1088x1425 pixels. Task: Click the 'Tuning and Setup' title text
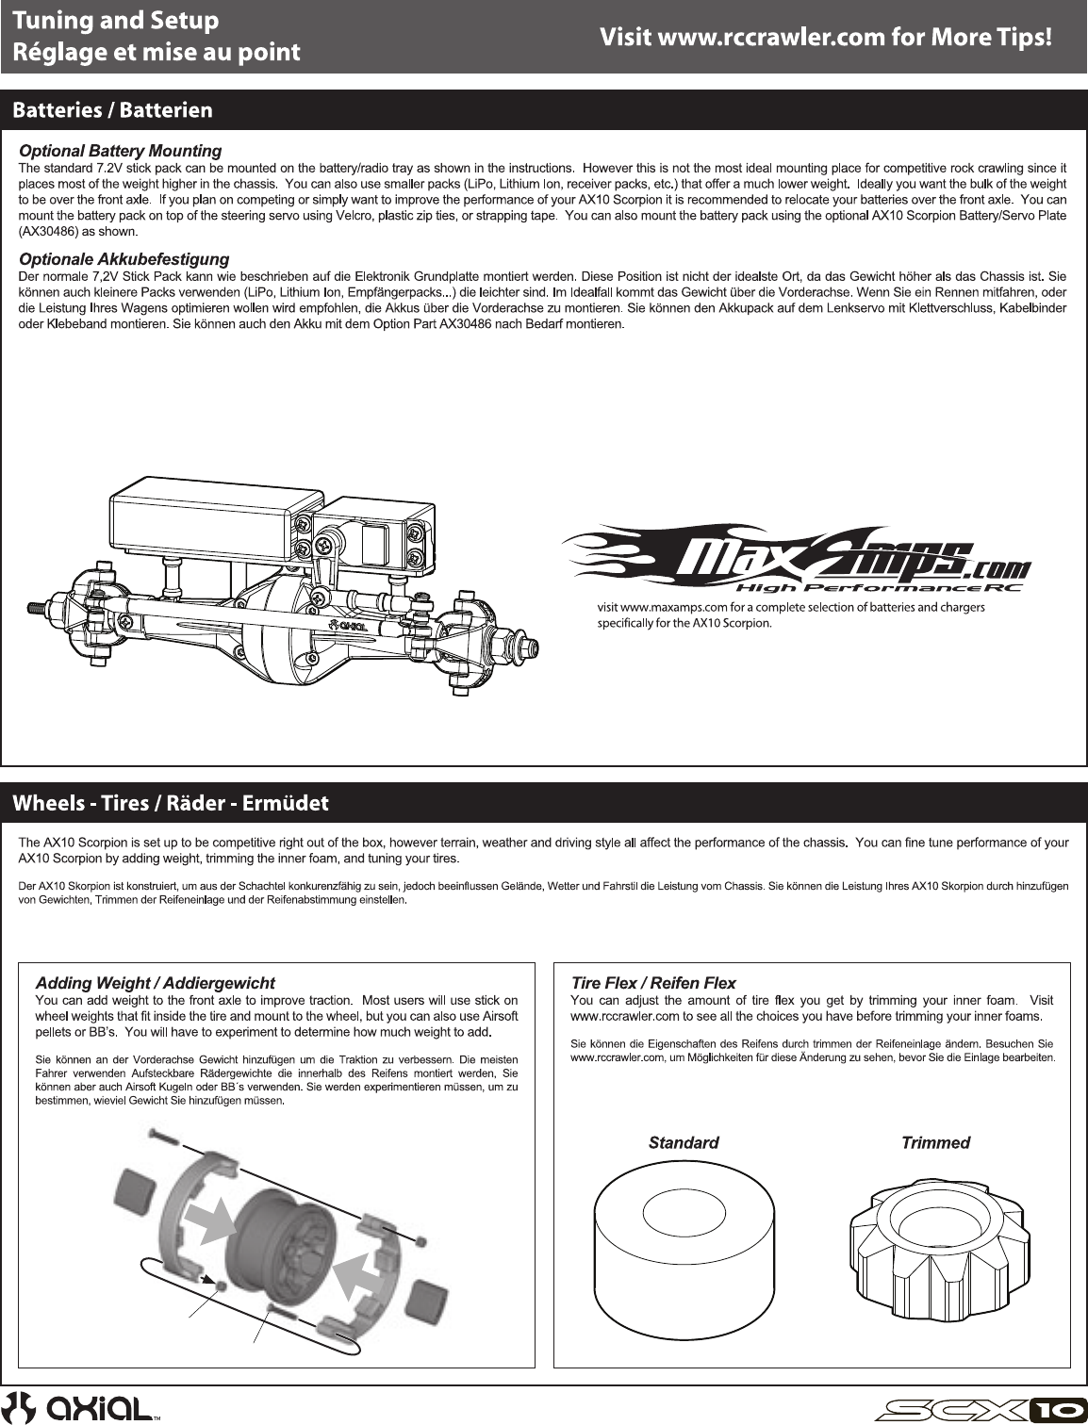pos(115,21)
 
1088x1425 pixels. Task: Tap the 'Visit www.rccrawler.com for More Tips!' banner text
pos(825,38)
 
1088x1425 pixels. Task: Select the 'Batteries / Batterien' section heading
pos(112,110)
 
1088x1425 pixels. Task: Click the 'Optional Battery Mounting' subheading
pos(121,151)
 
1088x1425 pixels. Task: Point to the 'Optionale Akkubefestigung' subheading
pos(124,259)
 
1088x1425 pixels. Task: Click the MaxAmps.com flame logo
pos(797,557)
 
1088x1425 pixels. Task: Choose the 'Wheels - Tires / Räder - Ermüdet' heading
pos(171,803)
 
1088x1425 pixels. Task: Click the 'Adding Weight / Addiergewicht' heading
pos(156,983)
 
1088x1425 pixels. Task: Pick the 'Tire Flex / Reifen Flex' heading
pos(653,983)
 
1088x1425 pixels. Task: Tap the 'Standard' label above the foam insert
pos(684,1143)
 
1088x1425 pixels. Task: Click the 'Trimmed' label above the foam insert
pos(935,1143)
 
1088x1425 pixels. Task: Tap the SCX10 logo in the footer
pos(981,1410)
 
